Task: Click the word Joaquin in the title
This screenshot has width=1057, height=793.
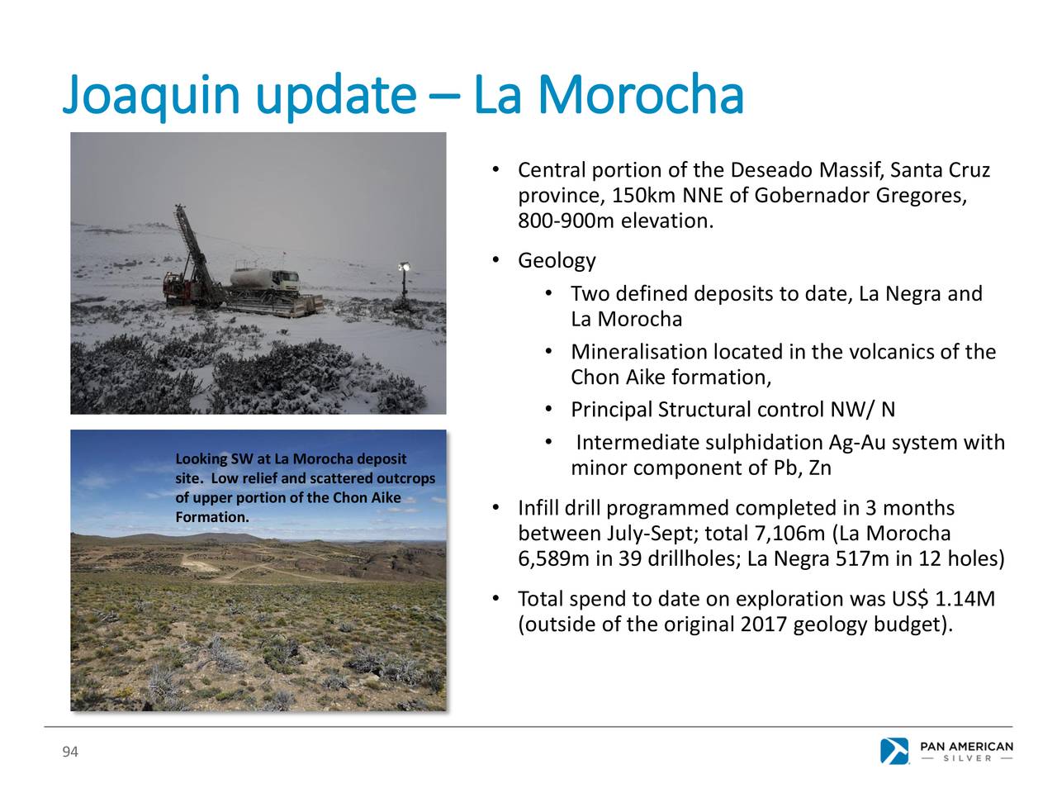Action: point(151,97)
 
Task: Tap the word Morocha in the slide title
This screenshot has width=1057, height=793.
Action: point(642,94)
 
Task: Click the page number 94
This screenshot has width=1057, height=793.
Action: point(70,752)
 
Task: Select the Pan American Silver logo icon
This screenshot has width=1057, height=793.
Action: point(894,751)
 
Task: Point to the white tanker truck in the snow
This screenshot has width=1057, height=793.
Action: point(265,280)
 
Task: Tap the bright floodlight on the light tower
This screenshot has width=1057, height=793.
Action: point(404,266)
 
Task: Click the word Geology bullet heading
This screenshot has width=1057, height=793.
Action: point(557,261)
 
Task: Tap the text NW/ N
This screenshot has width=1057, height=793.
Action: point(862,410)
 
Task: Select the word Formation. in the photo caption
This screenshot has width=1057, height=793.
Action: point(212,517)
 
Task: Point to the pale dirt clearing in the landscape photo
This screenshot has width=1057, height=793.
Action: point(199,562)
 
